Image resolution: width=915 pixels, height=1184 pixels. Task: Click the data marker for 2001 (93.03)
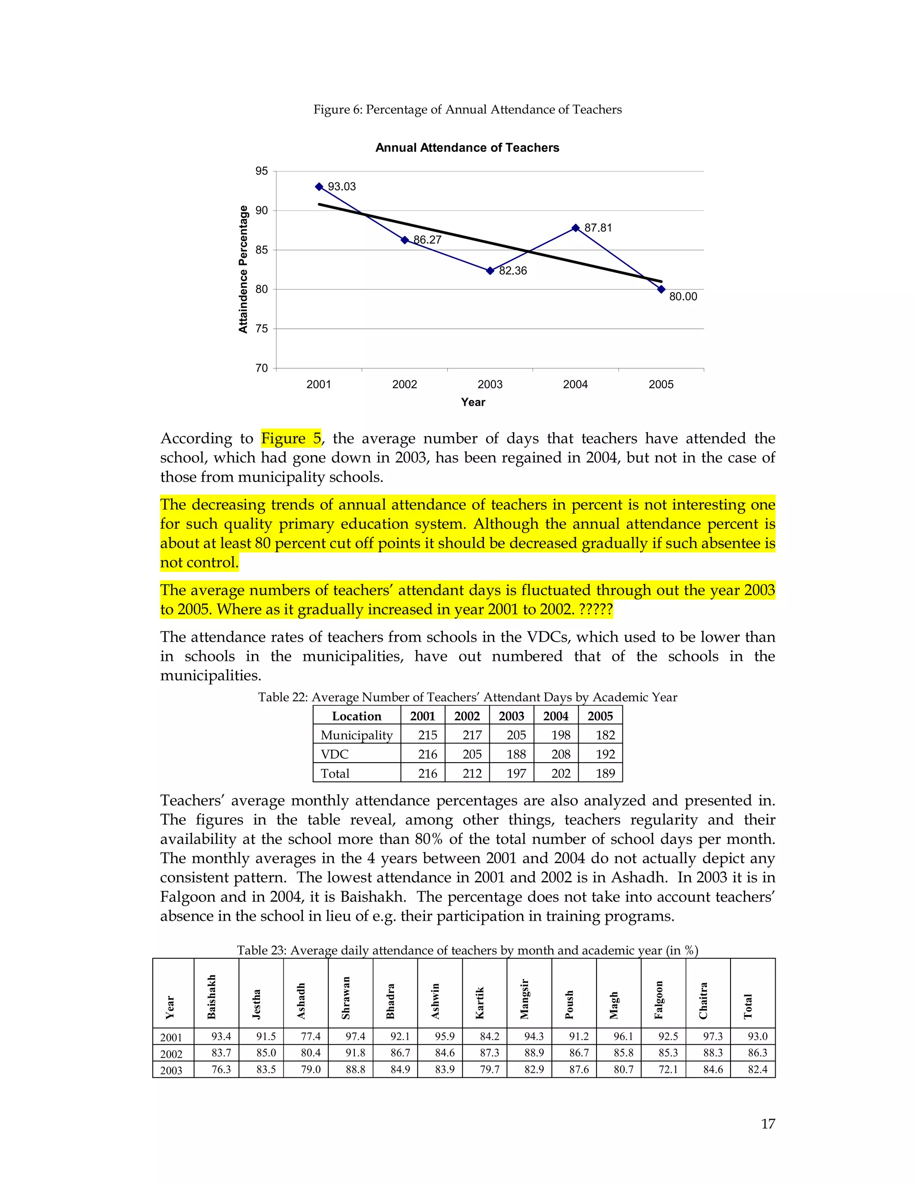(319, 186)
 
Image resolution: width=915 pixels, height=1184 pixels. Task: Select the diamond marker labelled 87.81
(575, 228)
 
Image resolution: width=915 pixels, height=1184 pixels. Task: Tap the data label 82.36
(513, 270)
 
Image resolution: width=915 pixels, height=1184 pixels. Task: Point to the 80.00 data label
(683, 297)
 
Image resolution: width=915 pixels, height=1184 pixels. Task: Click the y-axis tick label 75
(261, 328)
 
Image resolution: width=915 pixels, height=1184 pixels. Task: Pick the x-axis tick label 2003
(490, 384)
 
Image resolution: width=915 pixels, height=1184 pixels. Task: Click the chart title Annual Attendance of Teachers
(467, 147)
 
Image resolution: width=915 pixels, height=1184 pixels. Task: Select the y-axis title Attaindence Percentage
(243, 269)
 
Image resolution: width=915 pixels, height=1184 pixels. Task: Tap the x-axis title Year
(473, 402)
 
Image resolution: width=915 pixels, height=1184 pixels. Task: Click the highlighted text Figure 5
(291, 438)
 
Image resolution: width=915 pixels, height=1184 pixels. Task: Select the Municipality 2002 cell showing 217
(472, 735)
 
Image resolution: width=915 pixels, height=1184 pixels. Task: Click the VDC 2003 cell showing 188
(516, 754)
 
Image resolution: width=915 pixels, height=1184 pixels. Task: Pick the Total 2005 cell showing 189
(605, 773)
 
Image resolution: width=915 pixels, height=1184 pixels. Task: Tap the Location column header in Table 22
(357, 716)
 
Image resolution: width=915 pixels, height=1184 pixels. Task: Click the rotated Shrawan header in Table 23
(346, 998)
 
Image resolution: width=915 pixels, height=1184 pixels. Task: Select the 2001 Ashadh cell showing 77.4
(311, 1036)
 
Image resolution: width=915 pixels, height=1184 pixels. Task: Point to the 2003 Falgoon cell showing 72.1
(668, 1069)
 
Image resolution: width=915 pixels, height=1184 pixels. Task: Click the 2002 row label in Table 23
(171, 1054)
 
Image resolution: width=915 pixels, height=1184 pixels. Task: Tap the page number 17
(768, 1124)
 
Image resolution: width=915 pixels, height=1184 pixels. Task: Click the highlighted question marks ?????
(596, 609)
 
